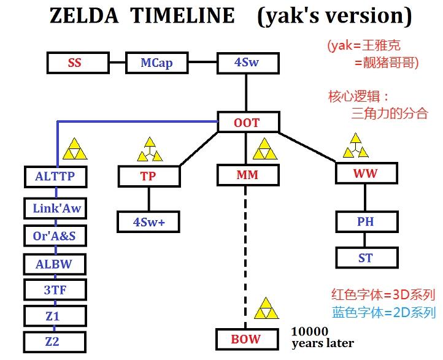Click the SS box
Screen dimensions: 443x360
tap(78, 63)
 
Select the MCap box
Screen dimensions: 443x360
tap(157, 63)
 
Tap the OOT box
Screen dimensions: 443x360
tap(248, 122)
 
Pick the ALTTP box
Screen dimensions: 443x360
tap(56, 177)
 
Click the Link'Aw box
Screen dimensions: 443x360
tap(55, 209)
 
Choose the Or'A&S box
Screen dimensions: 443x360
tap(55, 236)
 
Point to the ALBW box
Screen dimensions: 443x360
tap(55, 264)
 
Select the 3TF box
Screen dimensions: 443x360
tap(55, 290)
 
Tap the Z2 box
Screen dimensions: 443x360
tap(55, 342)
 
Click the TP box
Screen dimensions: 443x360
tap(149, 176)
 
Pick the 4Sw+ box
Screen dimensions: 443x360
tap(148, 222)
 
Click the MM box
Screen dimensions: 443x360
tap(248, 175)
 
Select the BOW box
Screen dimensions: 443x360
tap(247, 339)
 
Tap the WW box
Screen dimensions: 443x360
tap(367, 173)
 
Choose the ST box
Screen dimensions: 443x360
tap(367, 258)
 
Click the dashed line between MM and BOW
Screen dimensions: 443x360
tap(245, 257)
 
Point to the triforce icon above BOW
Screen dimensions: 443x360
tap(266, 308)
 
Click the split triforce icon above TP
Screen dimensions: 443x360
tap(150, 150)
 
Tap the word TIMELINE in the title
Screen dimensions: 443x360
tap(183, 15)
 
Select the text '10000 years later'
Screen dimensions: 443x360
tap(322, 338)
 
